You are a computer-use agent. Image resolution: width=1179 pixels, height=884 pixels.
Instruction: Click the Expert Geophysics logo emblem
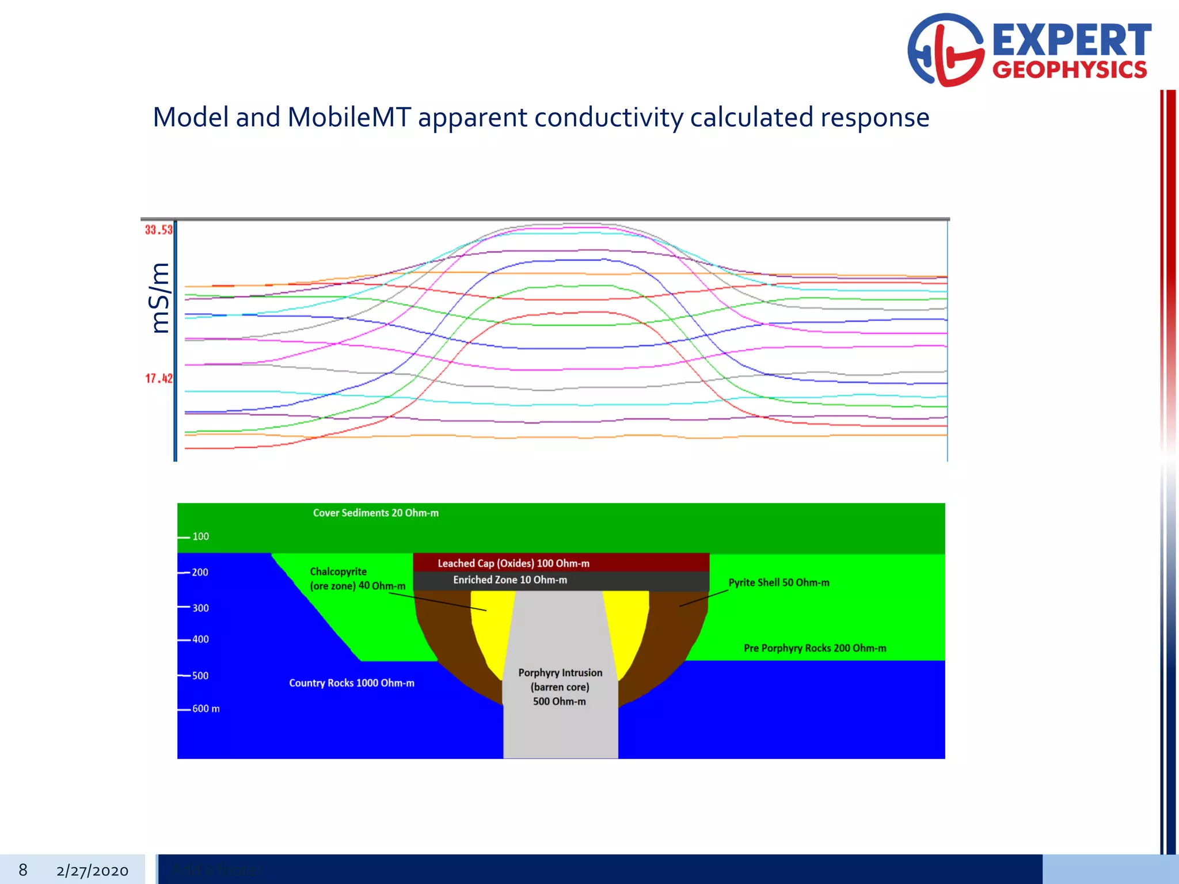click(x=945, y=51)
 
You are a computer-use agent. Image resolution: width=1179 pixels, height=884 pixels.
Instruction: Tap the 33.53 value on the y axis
click(x=158, y=230)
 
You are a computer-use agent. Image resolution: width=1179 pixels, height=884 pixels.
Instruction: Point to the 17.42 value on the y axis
click(x=158, y=379)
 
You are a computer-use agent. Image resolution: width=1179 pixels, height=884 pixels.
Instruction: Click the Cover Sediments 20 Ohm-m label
click(x=375, y=513)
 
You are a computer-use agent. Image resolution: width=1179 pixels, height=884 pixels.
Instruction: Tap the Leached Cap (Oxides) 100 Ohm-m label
click(x=514, y=563)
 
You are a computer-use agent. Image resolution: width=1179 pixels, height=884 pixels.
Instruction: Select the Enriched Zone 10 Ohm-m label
click(x=509, y=580)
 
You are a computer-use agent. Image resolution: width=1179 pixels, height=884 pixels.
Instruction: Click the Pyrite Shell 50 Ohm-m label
click(x=778, y=582)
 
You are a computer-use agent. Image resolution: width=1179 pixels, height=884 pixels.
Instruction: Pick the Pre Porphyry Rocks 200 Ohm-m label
click(x=815, y=648)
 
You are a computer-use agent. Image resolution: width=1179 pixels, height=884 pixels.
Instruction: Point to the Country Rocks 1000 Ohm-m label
click(x=351, y=683)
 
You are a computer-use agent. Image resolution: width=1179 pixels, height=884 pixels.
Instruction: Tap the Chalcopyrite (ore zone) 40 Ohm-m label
click(x=357, y=578)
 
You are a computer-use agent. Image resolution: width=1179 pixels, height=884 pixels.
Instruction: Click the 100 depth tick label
click(x=200, y=536)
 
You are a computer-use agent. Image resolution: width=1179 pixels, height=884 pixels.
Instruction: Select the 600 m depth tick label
click(x=206, y=708)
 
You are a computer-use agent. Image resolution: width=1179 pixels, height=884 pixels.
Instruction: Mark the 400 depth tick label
click(x=200, y=639)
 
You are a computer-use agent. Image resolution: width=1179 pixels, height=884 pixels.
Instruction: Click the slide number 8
click(x=23, y=870)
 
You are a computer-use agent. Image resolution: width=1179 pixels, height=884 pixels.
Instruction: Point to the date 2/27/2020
click(x=92, y=871)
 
